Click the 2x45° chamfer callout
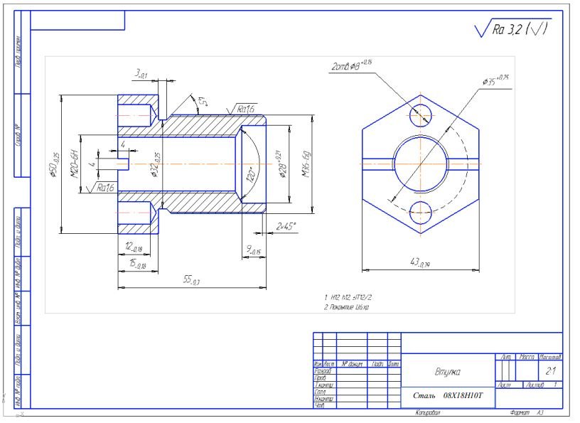(286, 226)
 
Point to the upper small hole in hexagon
(421, 114)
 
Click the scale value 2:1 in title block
(550, 370)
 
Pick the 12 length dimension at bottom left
(132, 247)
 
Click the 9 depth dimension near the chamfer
(253, 250)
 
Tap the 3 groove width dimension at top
(140, 73)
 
